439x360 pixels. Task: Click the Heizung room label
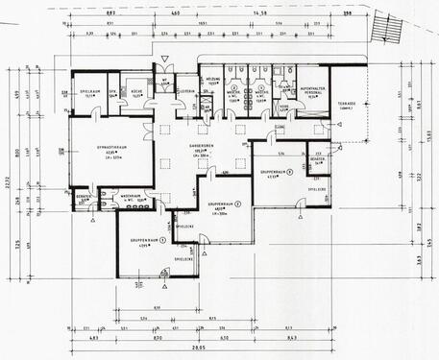(x=213, y=80)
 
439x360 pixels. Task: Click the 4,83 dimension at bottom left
(x=95, y=340)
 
